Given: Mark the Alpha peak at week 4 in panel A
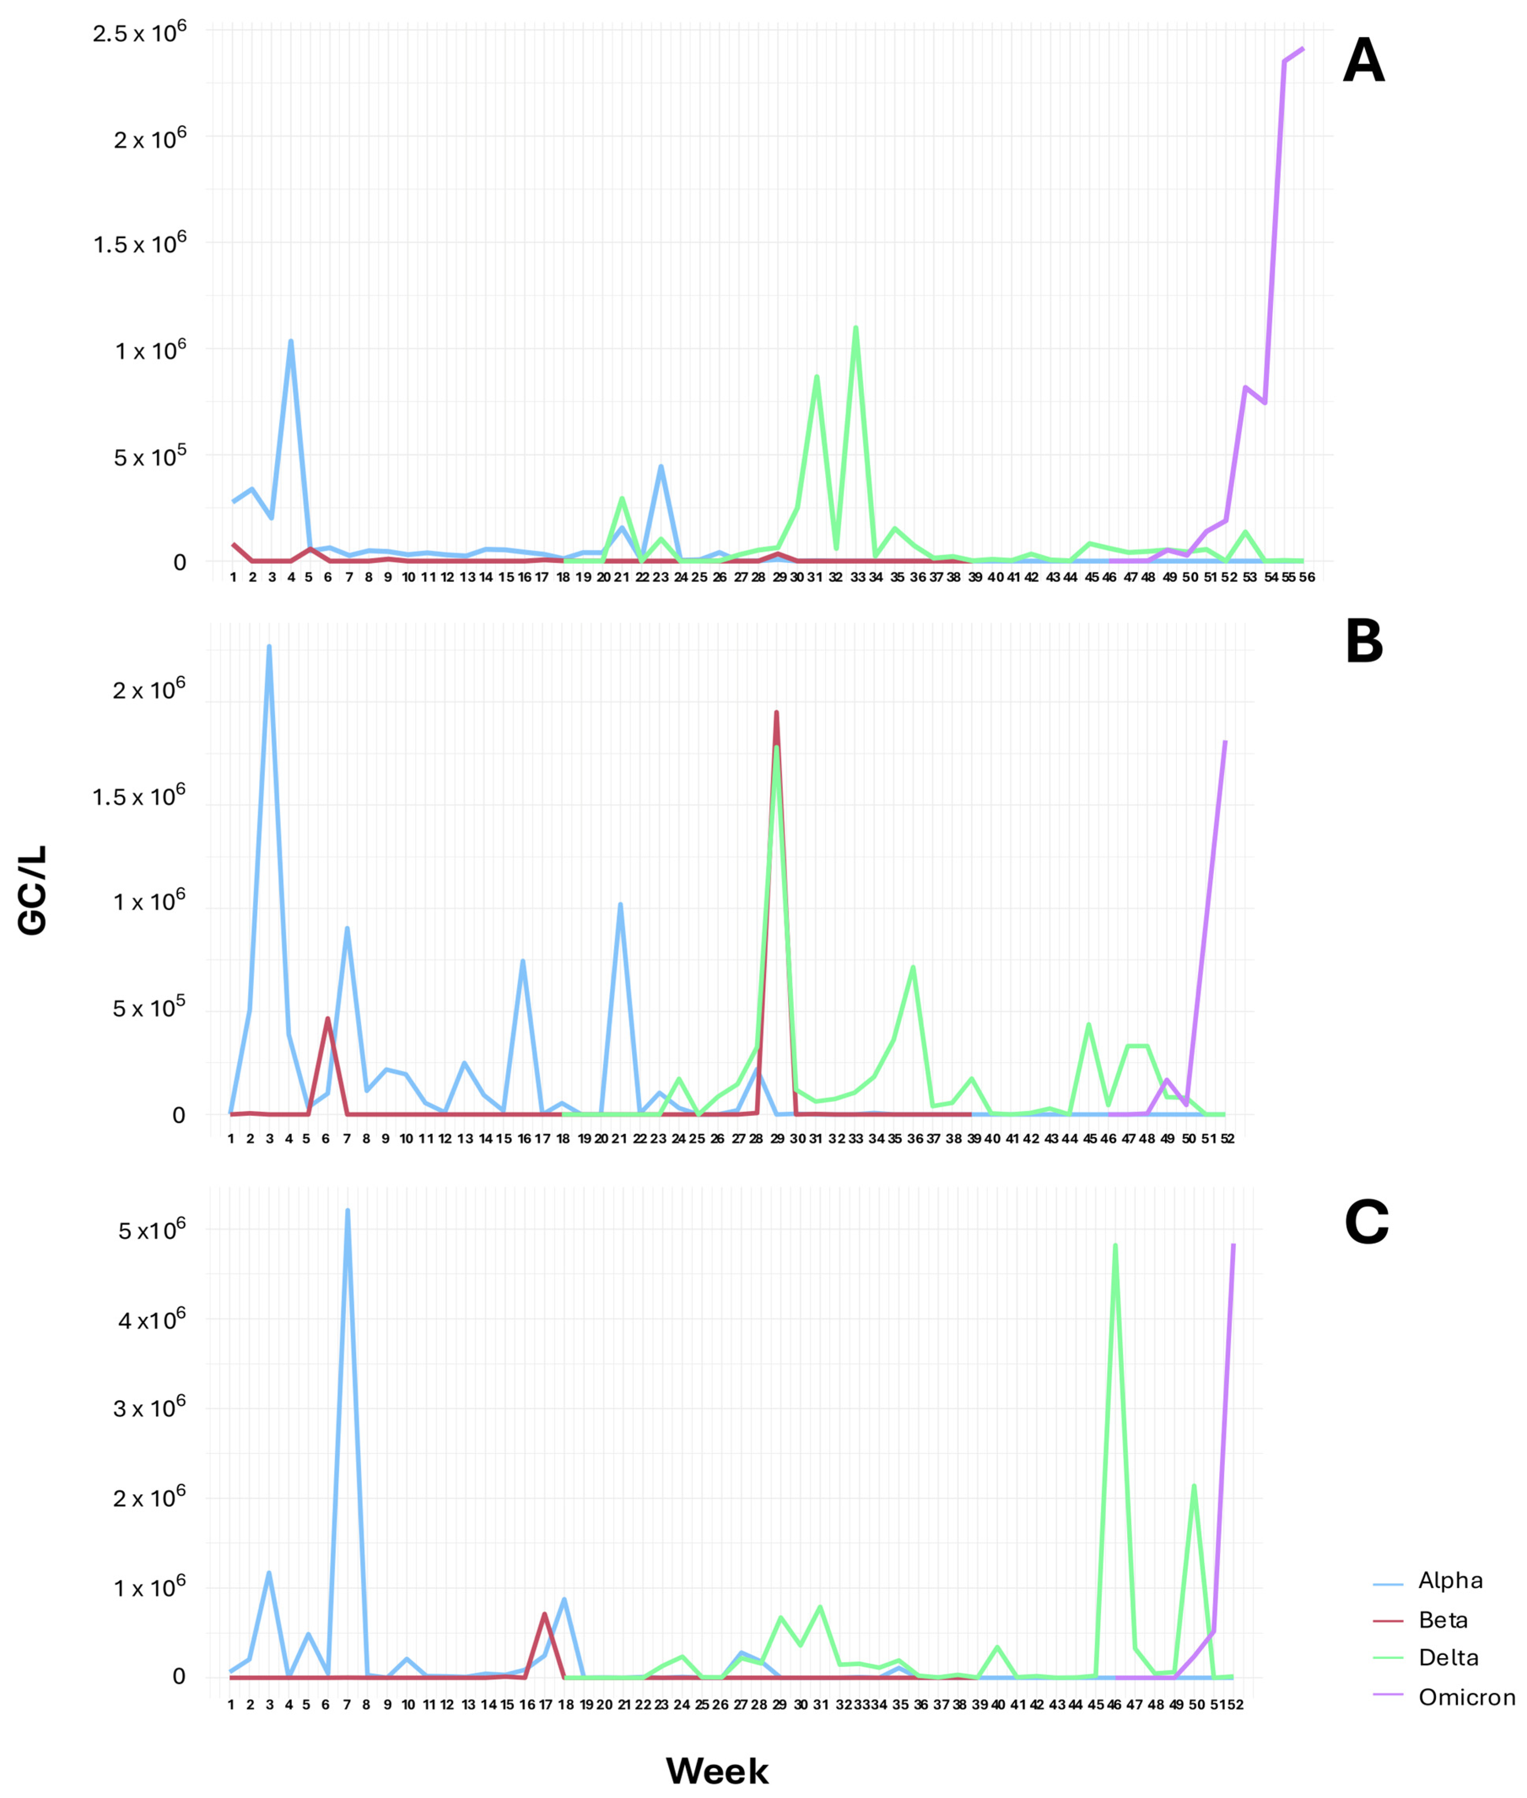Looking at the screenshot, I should pos(291,341).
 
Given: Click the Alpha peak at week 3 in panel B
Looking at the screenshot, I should pos(269,647).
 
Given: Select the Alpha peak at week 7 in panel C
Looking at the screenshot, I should pos(347,1210).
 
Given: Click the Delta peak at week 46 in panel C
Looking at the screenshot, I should pos(1115,1245).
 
